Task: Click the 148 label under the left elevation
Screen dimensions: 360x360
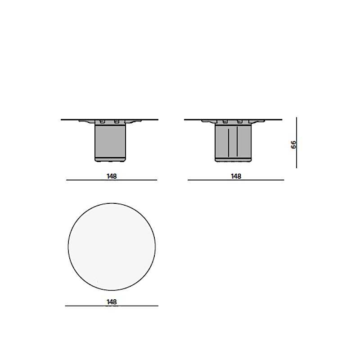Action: (112, 176)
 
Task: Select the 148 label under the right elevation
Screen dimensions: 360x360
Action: (236, 176)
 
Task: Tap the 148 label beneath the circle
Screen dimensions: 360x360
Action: (112, 302)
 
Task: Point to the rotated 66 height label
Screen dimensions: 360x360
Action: (293, 144)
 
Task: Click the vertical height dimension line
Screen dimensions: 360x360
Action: (297, 143)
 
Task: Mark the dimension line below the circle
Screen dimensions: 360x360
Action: (112, 306)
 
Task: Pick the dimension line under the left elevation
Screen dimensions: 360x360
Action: (112, 180)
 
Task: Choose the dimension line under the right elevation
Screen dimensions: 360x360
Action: (236, 180)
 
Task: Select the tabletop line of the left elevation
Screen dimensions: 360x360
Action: (109, 120)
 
